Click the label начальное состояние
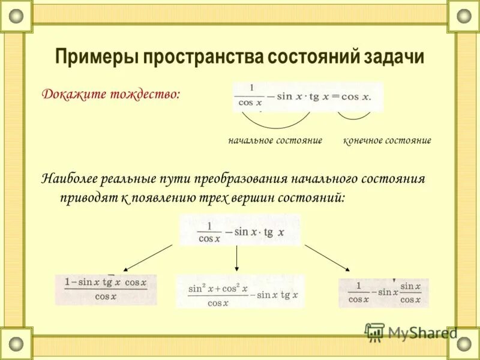coord(275,140)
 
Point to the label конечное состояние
coord(387,140)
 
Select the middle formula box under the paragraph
coord(240,229)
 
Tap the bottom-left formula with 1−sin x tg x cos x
coord(106,289)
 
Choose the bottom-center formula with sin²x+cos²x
coord(240,292)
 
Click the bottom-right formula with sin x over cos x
coord(384,292)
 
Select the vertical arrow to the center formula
coord(237,259)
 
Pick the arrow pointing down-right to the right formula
coord(328,258)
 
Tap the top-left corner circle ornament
coord(16,16)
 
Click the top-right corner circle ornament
coord(464,16)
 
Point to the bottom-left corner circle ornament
coord(16,344)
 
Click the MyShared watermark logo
coord(412,332)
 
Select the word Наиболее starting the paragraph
coord(67,179)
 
